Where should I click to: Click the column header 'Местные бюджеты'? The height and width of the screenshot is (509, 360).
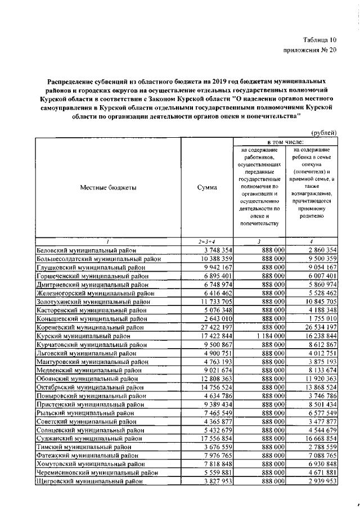tap(108, 188)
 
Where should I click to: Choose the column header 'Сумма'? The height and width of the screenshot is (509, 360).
tap(207, 188)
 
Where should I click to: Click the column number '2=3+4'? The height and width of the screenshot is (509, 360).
tap(207, 242)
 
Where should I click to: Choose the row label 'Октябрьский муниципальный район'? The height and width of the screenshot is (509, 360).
tap(88, 387)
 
